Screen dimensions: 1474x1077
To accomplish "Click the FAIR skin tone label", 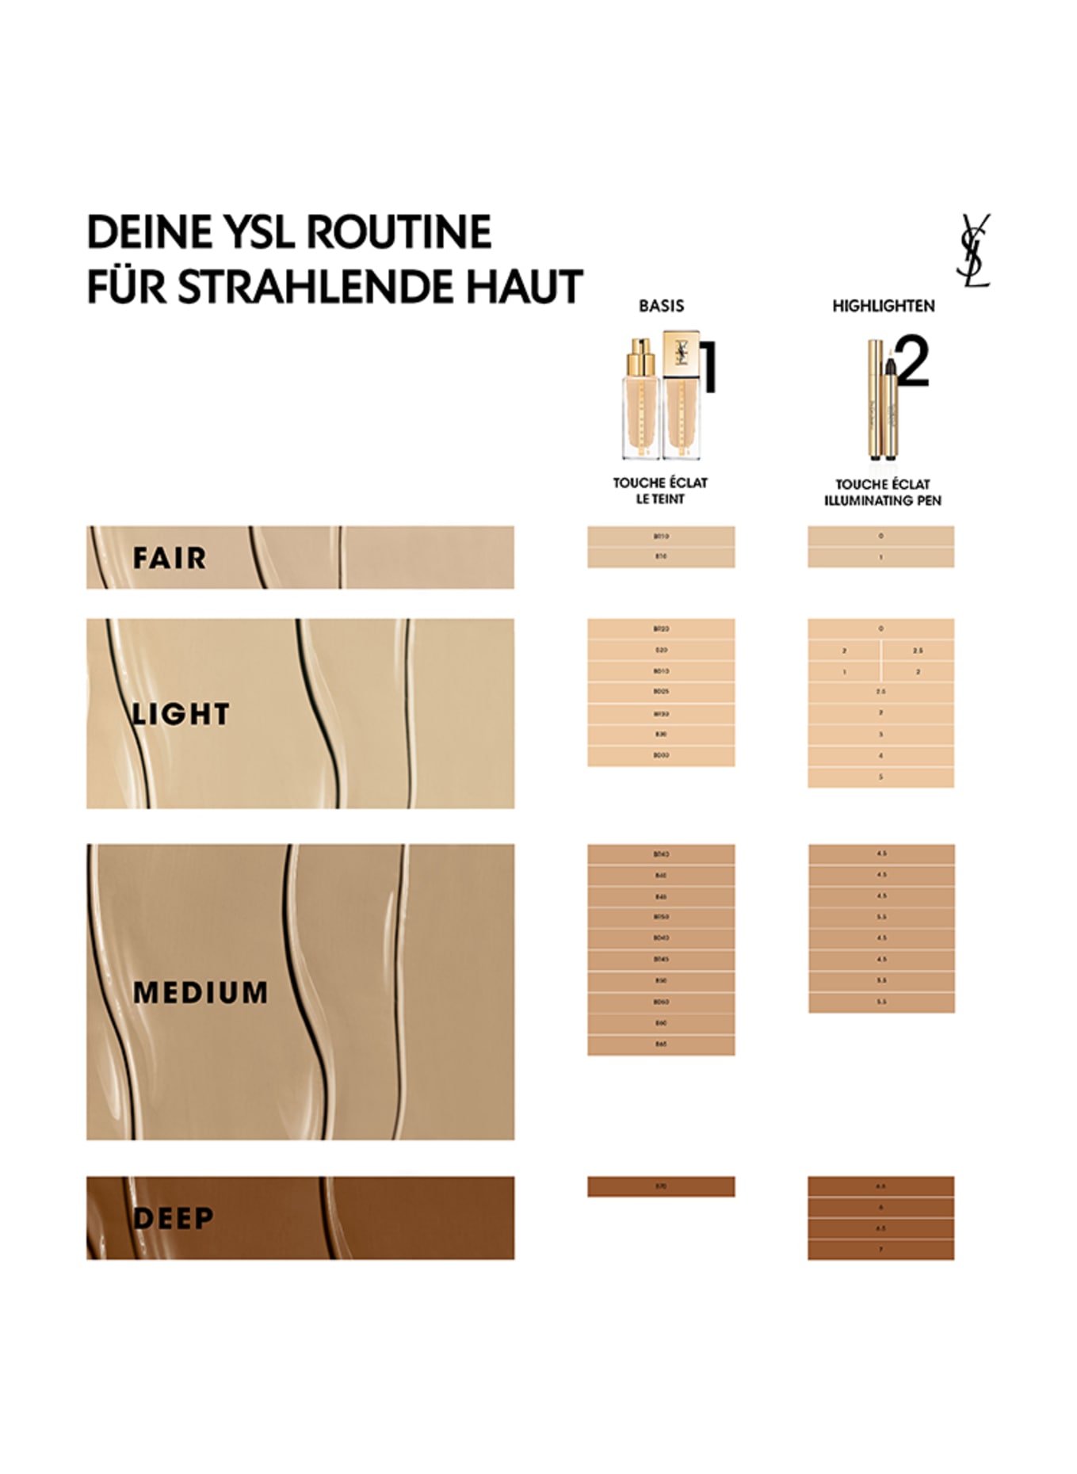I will click(169, 558).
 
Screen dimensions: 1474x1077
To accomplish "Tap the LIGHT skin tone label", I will click(181, 714).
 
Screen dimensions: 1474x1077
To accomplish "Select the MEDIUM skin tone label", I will click(201, 992).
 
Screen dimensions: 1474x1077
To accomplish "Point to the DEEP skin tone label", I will click(173, 1218).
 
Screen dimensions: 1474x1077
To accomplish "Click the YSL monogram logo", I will click(973, 250).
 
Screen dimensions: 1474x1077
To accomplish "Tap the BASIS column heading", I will click(661, 306).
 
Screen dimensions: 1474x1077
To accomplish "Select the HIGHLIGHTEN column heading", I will click(883, 306).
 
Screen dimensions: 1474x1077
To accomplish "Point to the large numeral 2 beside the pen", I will click(913, 363).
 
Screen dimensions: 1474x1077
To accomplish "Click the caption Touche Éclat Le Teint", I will click(660, 491).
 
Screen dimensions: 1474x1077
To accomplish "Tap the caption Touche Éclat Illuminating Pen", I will click(882, 492).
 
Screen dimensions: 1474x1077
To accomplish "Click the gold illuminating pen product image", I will click(881, 400).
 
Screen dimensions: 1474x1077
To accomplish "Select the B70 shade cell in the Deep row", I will click(661, 1186).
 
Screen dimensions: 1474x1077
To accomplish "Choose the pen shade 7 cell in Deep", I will click(880, 1250).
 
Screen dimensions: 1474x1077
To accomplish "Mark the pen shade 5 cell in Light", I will click(880, 777).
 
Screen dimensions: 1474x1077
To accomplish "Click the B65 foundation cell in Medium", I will click(661, 1044).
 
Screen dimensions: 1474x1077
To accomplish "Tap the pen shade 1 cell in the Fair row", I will click(880, 557).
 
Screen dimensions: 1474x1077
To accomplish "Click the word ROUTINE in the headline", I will click(399, 232).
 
